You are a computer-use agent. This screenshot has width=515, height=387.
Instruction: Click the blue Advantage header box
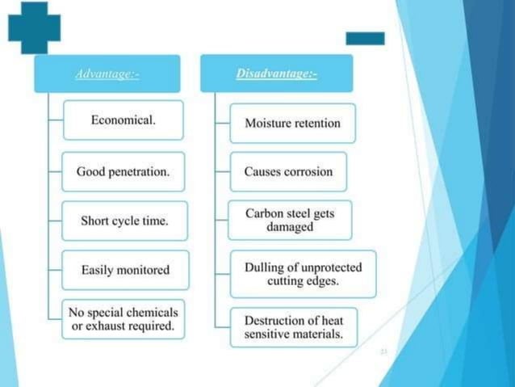click(107, 74)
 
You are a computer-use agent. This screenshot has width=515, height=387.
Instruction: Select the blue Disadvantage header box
click(276, 74)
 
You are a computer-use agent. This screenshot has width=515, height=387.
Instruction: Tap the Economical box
click(124, 120)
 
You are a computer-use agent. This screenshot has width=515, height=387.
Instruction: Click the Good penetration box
click(124, 171)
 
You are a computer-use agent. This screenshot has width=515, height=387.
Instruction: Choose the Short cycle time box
click(124, 221)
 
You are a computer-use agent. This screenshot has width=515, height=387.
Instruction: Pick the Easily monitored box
click(125, 270)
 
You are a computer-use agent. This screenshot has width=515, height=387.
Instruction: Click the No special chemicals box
click(124, 319)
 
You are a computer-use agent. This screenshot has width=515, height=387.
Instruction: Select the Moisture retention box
click(292, 124)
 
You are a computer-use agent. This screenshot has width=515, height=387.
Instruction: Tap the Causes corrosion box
click(288, 172)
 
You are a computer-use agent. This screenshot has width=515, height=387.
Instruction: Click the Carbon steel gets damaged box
click(290, 220)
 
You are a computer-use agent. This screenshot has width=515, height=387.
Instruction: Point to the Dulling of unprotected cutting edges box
click(303, 274)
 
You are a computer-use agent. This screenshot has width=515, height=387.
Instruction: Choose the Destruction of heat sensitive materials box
click(293, 327)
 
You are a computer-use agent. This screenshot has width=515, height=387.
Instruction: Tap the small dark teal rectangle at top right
click(365, 38)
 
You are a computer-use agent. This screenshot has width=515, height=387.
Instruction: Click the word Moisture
click(268, 124)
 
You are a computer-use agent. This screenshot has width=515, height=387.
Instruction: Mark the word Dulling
click(262, 267)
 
